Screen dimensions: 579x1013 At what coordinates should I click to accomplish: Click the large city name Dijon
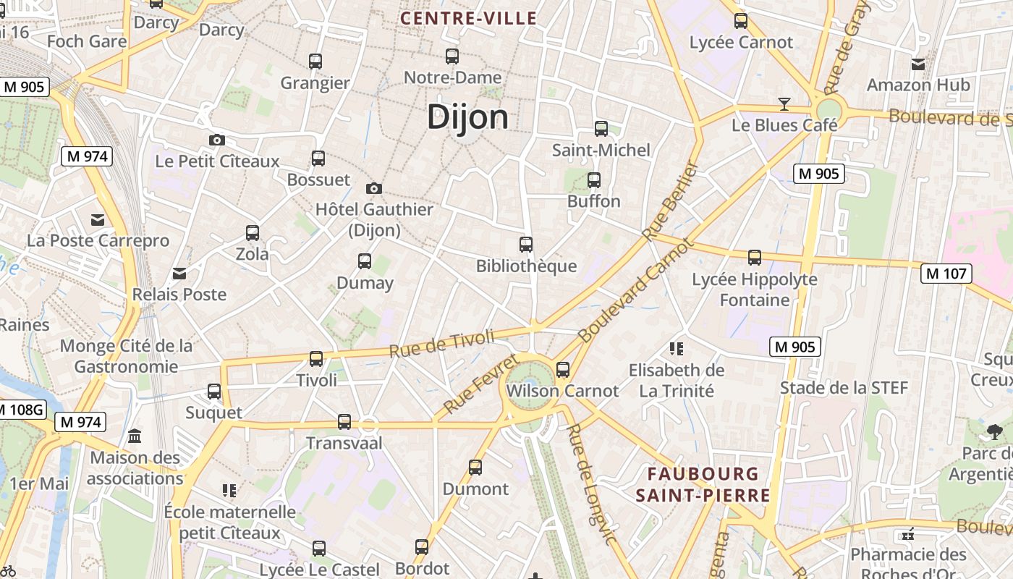(467, 117)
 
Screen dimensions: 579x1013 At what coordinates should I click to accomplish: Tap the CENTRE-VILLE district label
(469, 19)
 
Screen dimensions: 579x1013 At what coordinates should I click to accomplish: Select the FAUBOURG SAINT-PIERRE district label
(703, 485)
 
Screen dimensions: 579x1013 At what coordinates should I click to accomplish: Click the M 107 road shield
(946, 274)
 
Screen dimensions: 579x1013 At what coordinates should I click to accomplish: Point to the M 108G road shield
(20, 410)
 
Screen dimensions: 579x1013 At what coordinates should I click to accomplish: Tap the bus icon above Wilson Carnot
(563, 370)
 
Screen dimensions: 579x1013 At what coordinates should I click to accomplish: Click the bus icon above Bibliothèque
(526, 245)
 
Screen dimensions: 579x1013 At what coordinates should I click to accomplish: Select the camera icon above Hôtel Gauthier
(373, 188)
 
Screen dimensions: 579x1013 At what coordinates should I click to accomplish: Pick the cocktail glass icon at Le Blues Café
(784, 104)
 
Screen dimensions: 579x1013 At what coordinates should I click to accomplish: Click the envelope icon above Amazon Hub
(918, 64)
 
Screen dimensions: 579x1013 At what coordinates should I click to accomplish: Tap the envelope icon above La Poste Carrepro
(98, 220)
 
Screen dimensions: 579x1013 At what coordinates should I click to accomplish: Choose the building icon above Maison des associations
(135, 436)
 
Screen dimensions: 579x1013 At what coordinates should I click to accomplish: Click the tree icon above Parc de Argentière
(994, 432)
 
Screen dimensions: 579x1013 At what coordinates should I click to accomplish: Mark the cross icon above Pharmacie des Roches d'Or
(908, 535)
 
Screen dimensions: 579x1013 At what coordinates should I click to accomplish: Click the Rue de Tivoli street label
(441, 343)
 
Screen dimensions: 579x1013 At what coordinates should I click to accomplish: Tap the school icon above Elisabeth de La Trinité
(677, 350)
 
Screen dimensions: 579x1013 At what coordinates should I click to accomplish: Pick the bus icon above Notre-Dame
(452, 56)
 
